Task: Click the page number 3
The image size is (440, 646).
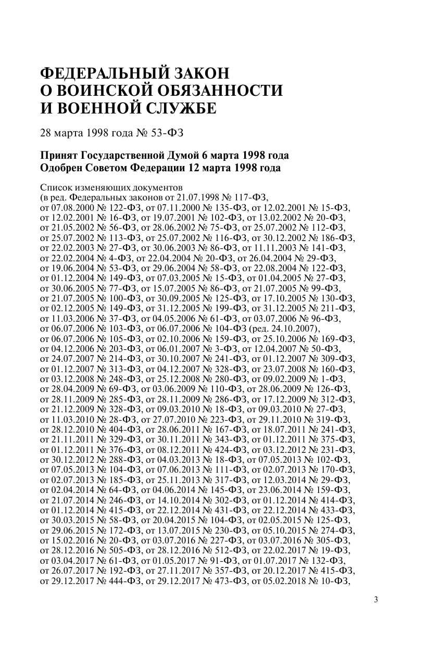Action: click(x=376, y=599)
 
